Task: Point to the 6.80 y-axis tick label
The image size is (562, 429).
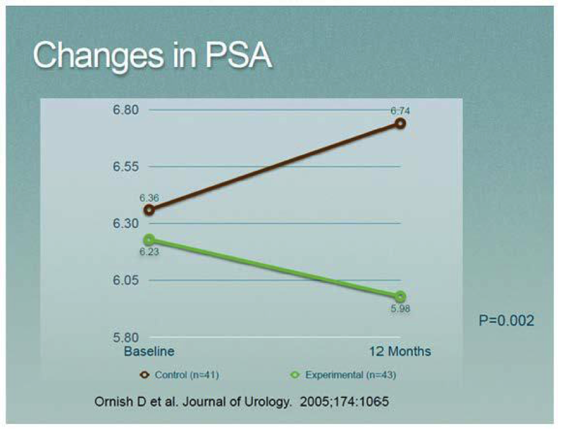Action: pyautogui.click(x=125, y=111)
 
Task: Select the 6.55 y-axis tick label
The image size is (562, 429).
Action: pyautogui.click(x=125, y=167)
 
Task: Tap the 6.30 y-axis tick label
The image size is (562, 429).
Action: pyautogui.click(x=125, y=224)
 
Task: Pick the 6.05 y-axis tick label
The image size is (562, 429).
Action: pyautogui.click(x=125, y=281)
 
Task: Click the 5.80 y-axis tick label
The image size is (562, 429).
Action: pyautogui.click(x=125, y=338)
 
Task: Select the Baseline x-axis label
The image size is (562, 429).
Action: pyautogui.click(x=149, y=351)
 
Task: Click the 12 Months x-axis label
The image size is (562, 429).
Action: pyautogui.click(x=400, y=351)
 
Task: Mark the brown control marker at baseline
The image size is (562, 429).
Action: pyautogui.click(x=149, y=209)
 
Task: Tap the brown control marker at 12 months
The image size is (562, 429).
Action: pyautogui.click(x=400, y=123)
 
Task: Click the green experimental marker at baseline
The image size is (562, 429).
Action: pyautogui.click(x=149, y=240)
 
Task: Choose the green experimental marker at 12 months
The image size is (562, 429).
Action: pyautogui.click(x=400, y=297)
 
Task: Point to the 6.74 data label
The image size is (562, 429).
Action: pyautogui.click(x=400, y=111)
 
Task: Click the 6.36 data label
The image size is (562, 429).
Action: pyautogui.click(x=149, y=198)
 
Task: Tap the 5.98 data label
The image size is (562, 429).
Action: pyautogui.click(x=400, y=309)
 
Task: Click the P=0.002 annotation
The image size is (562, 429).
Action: pyautogui.click(x=507, y=320)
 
